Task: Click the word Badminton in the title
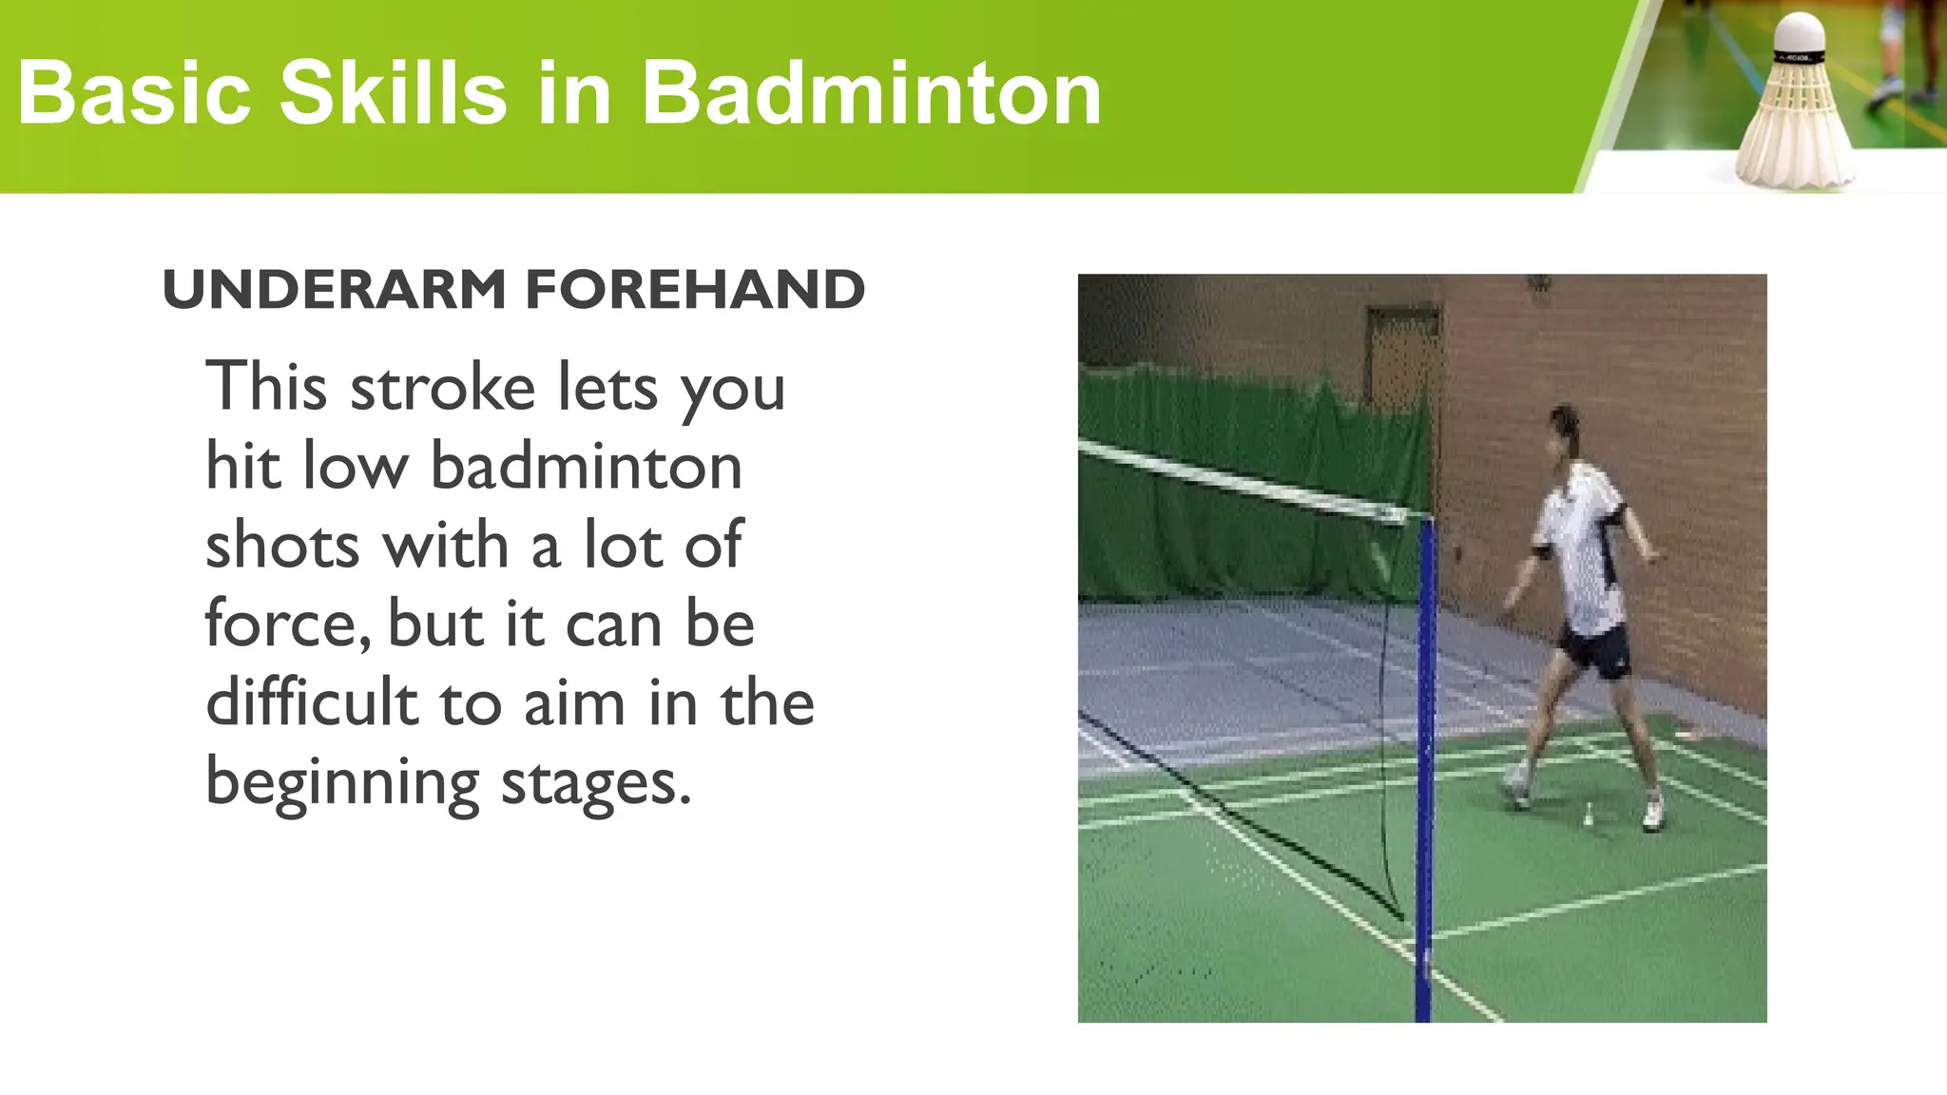pos(871,93)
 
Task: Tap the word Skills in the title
pos(393,93)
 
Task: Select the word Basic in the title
pos(134,93)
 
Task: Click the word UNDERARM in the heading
pos(335,290)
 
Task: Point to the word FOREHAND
pos(695,290)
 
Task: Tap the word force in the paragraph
pos(283,624)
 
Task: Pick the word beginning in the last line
pos(342,784)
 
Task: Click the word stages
pos(595,784)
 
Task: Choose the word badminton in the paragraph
pos(587,467)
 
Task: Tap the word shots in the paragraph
pos(282,546)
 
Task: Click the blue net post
pos(1425,760)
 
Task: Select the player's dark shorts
pos(1597,650)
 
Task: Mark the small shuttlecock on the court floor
pos(1588,814)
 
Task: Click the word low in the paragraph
pos(355,467)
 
